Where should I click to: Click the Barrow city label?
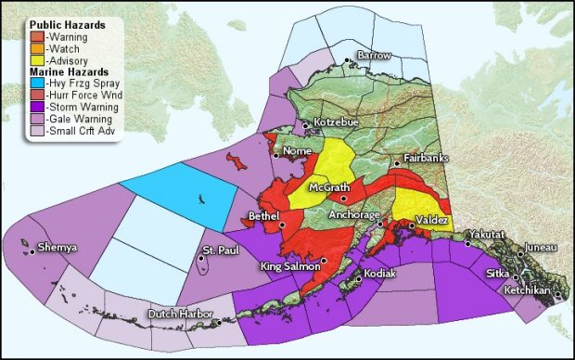tap(376, 57)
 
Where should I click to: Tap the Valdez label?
tap(433, 219)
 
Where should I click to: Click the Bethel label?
tap(263, 215)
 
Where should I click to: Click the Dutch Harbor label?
tap(177, 313)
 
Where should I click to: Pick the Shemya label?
tap(58, 248)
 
